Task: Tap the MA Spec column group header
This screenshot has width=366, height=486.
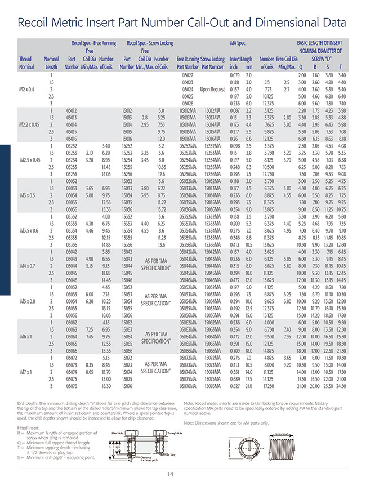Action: (x=238, y=43)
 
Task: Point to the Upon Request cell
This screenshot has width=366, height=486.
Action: (x=213, y=89)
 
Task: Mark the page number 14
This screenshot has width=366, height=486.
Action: (x=182, y=474)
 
